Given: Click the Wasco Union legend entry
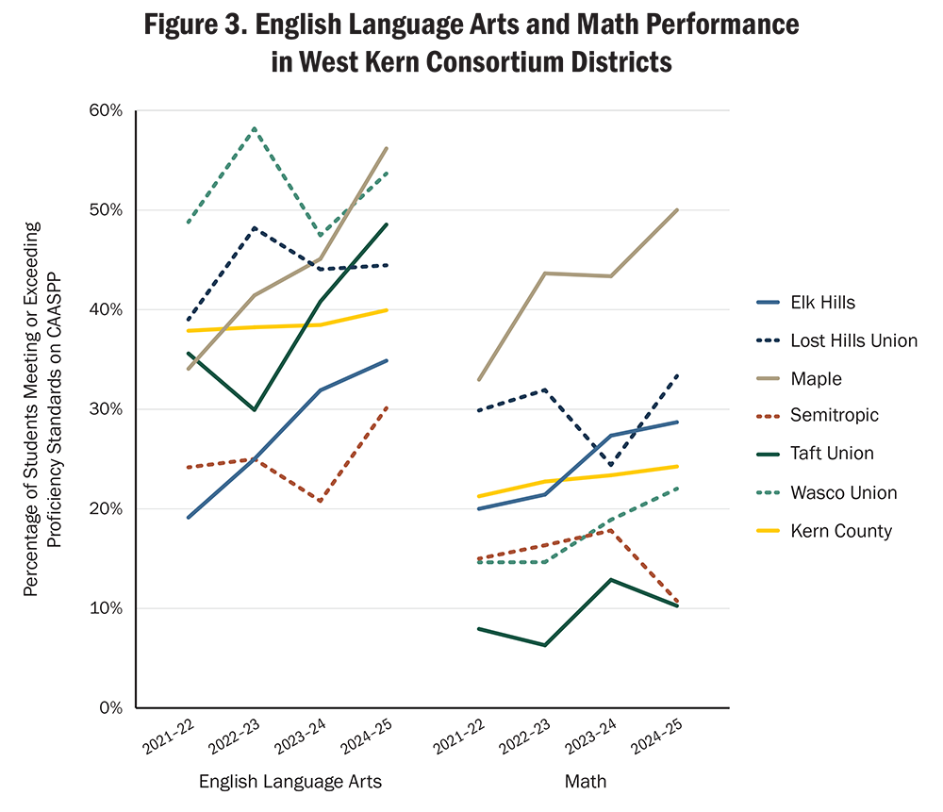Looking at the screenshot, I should click(x=844, y=492).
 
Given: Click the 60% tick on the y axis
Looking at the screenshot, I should click(x=106, y=110).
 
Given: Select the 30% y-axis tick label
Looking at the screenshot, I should click(x=106, y=409).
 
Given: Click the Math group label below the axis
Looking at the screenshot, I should click(x=585, y=782).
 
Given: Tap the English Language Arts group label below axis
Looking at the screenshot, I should click(x=290, y=782).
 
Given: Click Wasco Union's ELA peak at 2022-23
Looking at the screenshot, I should click(x=255, y=128).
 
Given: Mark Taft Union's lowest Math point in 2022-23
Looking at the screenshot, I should click(x=545, y=645).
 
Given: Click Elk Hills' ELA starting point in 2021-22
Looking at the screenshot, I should click(x=189, y=517).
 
